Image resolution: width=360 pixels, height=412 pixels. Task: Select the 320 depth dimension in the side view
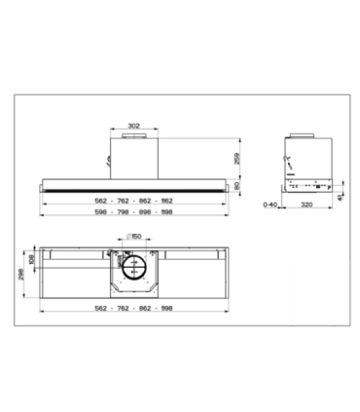click(306, 206)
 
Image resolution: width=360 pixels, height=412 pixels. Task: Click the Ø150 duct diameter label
click(135, 237)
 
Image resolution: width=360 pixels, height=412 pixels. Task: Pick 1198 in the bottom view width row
click(167, 308)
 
